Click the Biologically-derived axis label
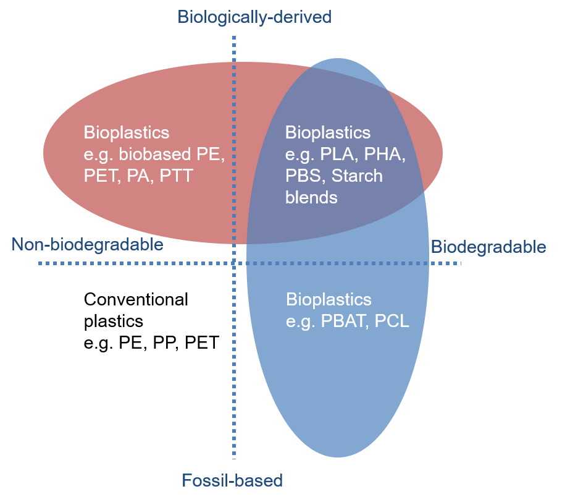tap(254, 17)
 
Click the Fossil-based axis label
tap(232, 480)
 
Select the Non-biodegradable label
tap(87, 245)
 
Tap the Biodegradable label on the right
tap(488, 247)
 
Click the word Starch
tap(357, 176)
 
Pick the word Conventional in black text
tap(136, 300)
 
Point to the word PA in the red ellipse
tap(140, 176)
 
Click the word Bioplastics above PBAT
tap(329, 300)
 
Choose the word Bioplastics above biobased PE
tap(127, 132)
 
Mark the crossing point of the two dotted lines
tap(234, 263)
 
